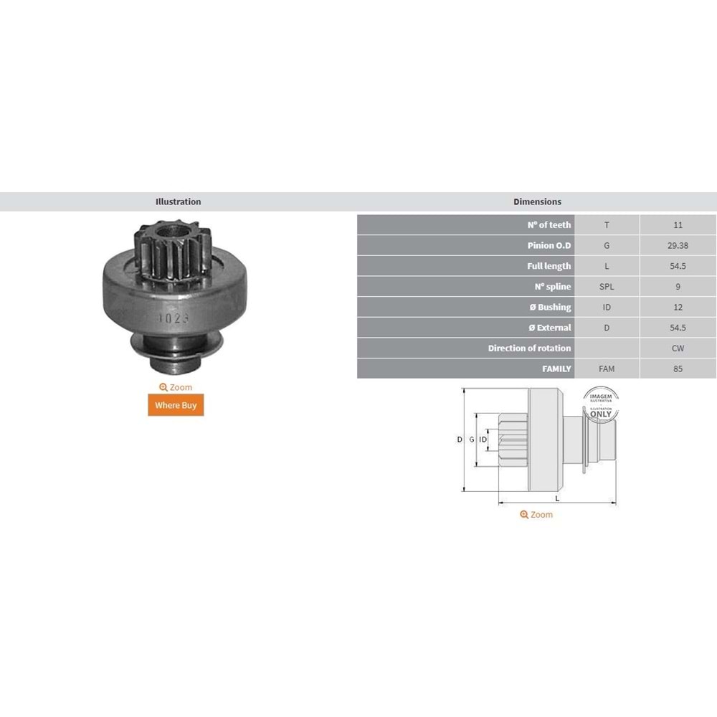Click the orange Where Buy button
(176, 405)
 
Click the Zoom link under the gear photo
(176, 387)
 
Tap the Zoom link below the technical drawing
(536, 515)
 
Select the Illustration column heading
(178, 202)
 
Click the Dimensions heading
(537, 202)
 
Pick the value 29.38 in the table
(678, 245)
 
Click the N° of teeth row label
(549, 225)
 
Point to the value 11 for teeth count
(678, 225)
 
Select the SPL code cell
(607, 287)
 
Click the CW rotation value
(678, 348)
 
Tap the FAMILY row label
(556, 369)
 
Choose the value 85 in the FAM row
(678, 369)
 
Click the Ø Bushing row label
(549, 307)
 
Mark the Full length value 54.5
(678, 266)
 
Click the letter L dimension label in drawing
(557, 498)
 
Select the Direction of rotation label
(529, 348)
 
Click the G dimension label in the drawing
(471, 440)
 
